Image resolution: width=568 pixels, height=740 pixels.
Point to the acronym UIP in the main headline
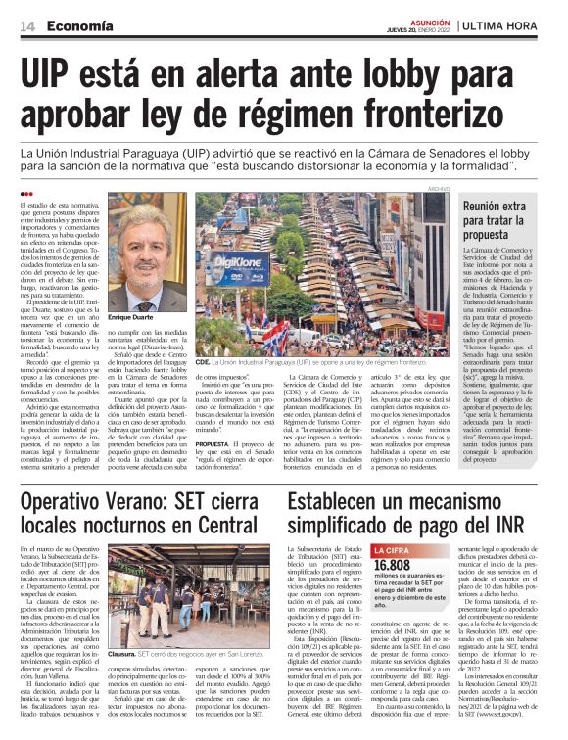pyautogui.click(x=55, y=74)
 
